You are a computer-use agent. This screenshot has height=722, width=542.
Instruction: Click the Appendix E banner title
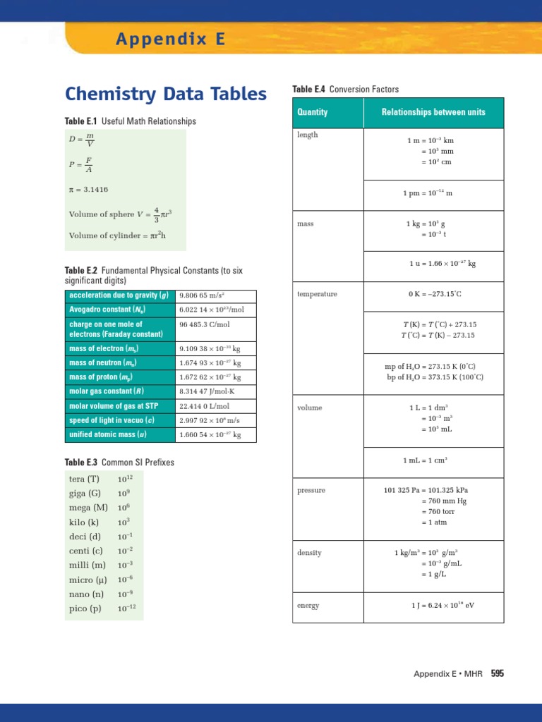[x=171, y=39]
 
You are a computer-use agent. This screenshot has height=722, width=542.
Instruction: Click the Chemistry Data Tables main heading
[x=166, y=94]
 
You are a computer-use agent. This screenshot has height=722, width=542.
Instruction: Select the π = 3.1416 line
[x=88, y=190]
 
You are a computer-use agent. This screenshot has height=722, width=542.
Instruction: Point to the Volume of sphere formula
[x=120, y=214]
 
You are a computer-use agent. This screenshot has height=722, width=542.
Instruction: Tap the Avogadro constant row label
[x=102, y=310]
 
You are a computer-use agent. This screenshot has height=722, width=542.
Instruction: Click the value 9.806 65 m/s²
[x=206, y=295]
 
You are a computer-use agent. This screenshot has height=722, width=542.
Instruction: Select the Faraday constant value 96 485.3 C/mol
[x=205, y=324]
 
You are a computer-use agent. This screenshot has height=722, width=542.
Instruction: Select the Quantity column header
[x=313, y=112]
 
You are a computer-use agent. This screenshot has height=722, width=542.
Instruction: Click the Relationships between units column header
[x=433, y=112]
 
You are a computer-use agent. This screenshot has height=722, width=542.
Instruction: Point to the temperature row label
[x=317, y=294]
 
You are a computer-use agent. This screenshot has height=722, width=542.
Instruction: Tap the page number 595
[x=498, y=674]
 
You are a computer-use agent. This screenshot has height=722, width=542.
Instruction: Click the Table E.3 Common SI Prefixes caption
[x=119, y=463]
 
